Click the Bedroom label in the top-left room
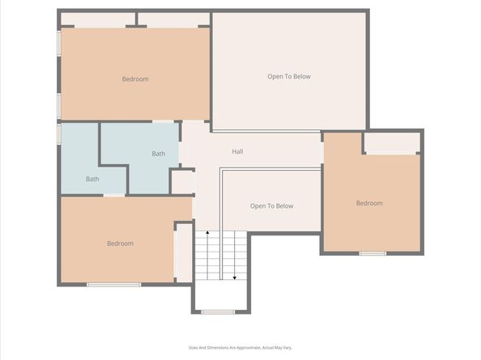pos(135,79)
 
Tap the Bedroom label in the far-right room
pos(369,203)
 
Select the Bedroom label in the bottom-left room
pos(120,243)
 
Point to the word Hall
pos(237,151)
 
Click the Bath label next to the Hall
pos(159,154)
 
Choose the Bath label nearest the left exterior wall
pos(92,179)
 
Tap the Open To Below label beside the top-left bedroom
pos(289,77)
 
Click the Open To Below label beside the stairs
pos(271,205)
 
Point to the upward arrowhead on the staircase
pos(207,233)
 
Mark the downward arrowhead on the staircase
pos(235,277)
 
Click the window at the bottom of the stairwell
pos(218,311)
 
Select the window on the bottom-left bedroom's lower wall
pos(113,284)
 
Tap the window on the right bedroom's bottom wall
pos(372,253)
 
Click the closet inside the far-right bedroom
pos(392,142)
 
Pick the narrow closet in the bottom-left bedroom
pos(184,252)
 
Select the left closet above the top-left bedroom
pos(97,19)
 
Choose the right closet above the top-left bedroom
pos(173,19)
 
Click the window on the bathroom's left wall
pos(58,133)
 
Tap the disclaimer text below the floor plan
pos(240,347)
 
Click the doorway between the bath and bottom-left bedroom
pos(114,195)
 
